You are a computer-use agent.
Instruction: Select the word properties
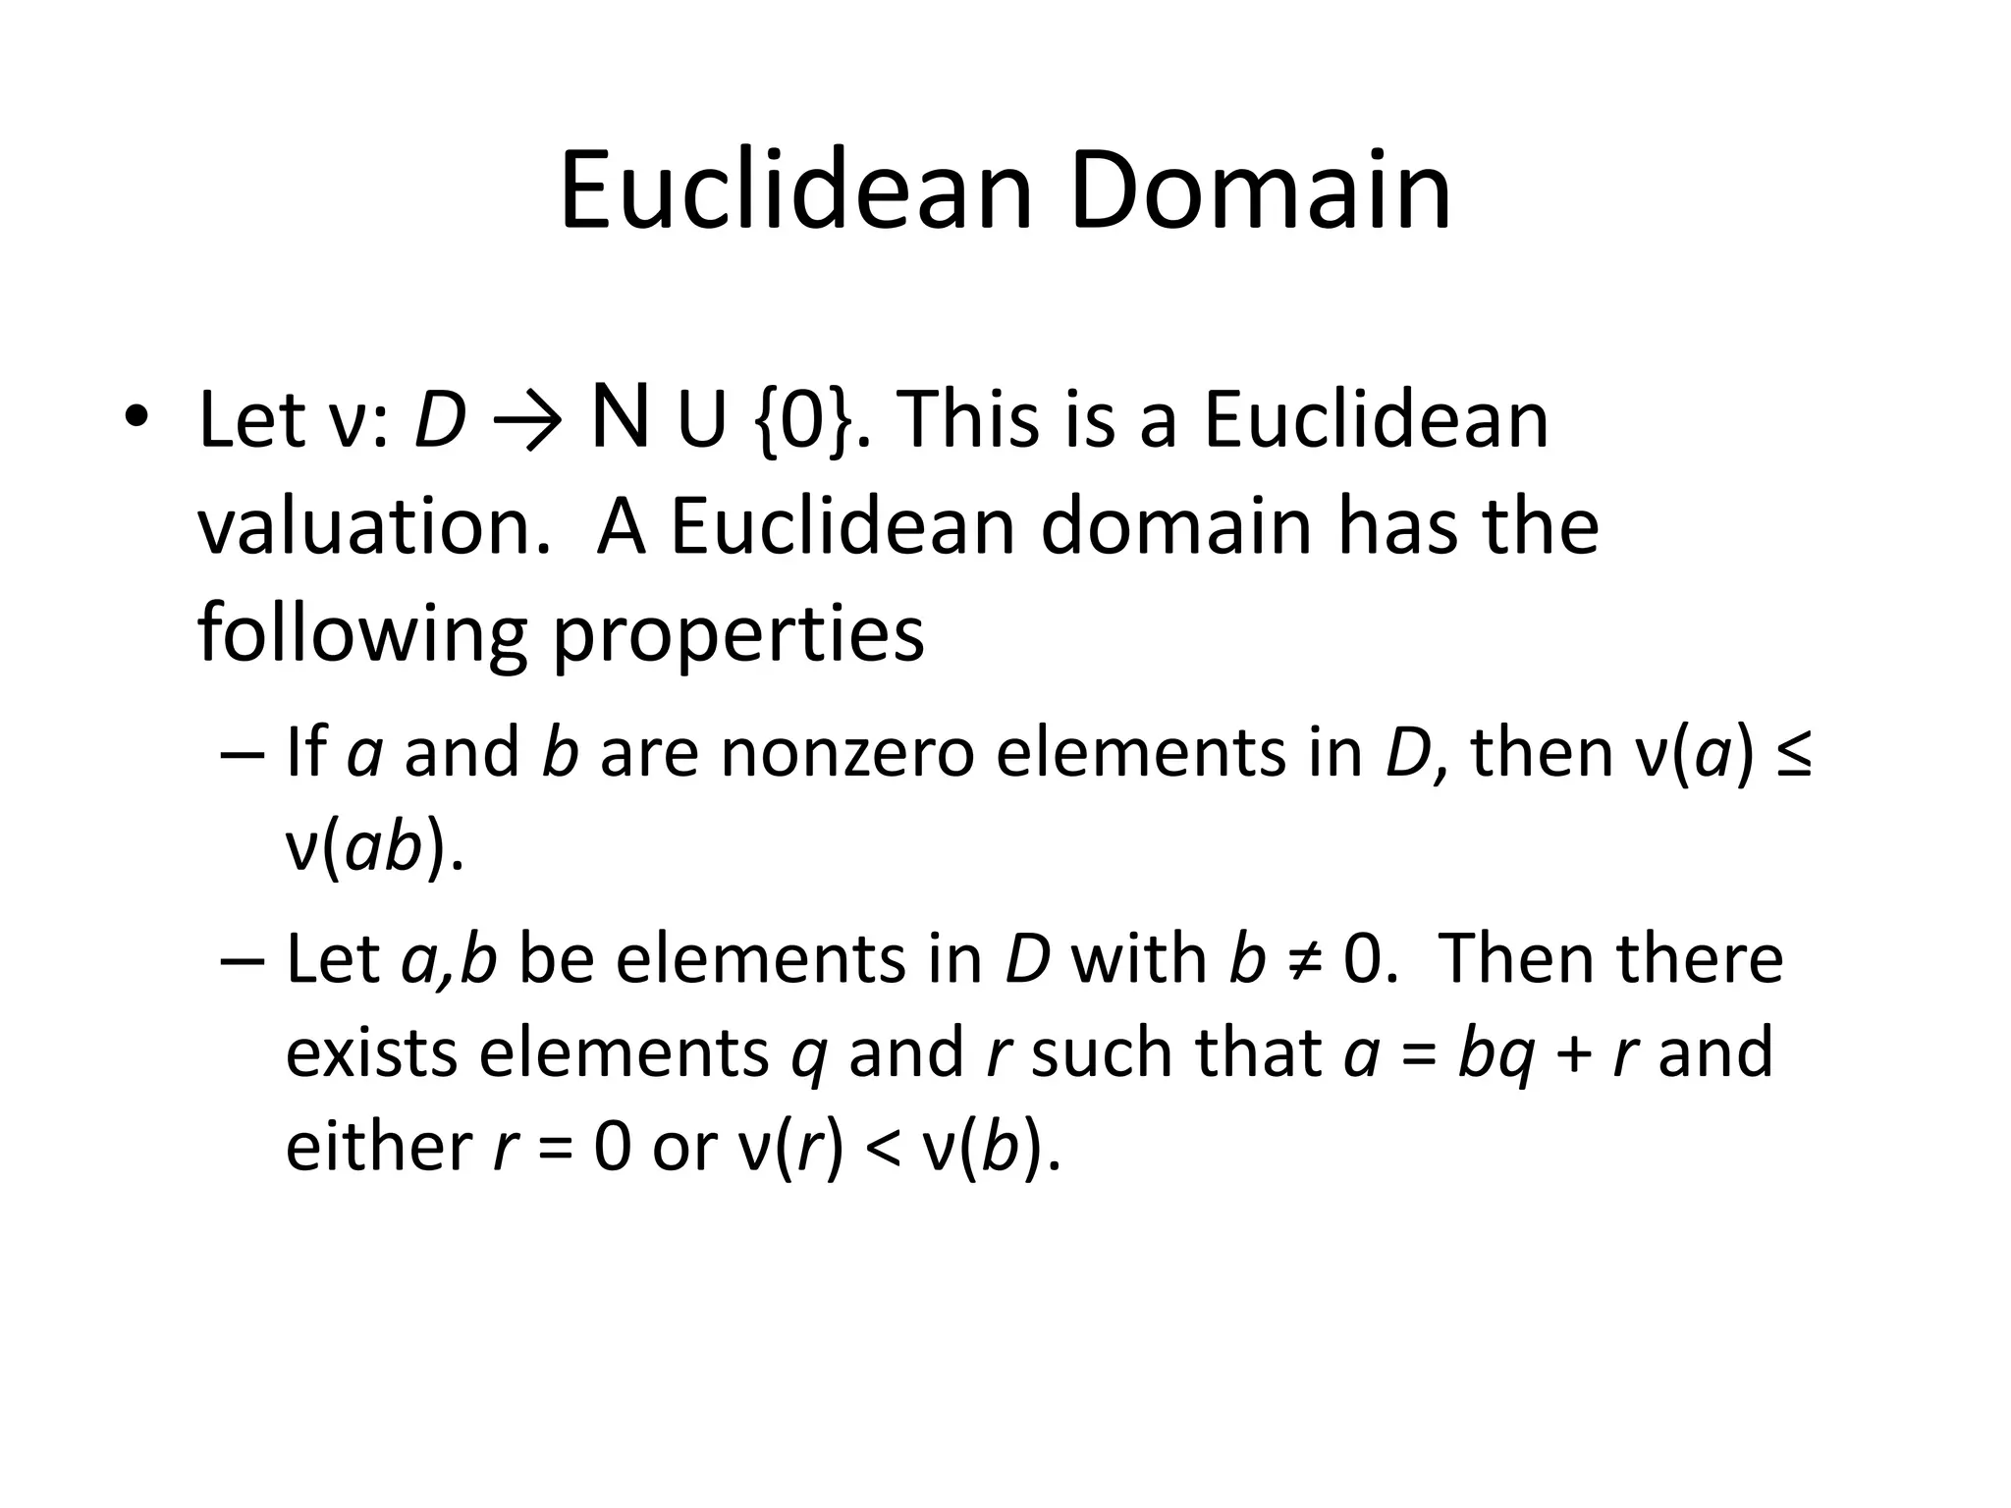click(738, 635)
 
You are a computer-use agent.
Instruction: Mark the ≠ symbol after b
click(1297, 959)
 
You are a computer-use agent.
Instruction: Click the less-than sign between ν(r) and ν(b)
click(881, 1149)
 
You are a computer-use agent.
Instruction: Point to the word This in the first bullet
click(968, 420)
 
